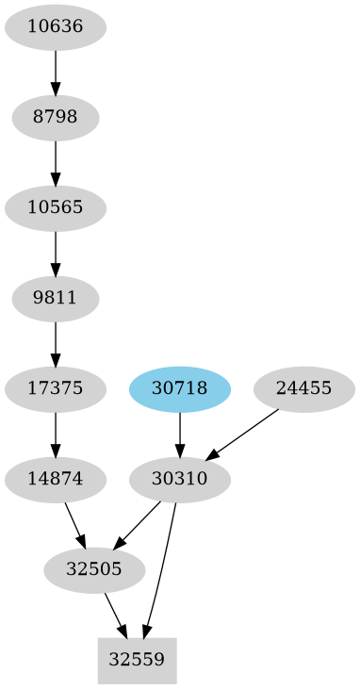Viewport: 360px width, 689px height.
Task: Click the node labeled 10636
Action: click(56, 27)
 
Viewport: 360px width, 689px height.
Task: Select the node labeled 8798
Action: click(56, 118)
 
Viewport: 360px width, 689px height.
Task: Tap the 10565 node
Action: click(56, 208)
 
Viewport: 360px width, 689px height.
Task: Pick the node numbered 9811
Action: click(56, 299)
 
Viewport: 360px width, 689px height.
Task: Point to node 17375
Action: click(56, 388)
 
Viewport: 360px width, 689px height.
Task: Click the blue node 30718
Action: click(180, 388)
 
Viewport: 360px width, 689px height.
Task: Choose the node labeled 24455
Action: click(304, 388)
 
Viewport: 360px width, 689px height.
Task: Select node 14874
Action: click(56, 479)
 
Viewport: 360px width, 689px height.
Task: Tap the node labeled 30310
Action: click(180, 479)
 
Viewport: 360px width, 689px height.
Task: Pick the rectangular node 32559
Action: click(138, 660)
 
